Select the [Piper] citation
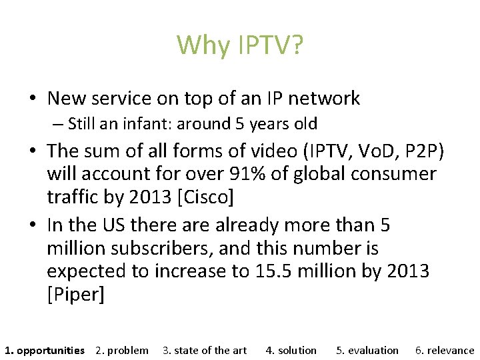pyautogui.click(x=76, y=295)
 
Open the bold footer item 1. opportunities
pyautogui.click(x=45, y=350)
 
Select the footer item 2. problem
pyautogui.click(x=122, y=350)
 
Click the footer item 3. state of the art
pyautogui.click(x=205, y=350)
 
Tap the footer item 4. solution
pyautogui.click(x=291, y=350)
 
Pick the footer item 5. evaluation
pyautogui.click(x=367, y=350)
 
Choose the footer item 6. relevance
pyautogui.click(x=445, y=350)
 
